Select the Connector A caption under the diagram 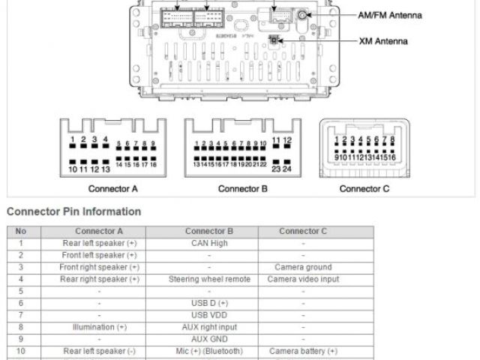[x=113, y=189]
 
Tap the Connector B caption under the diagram [x=243, y=189]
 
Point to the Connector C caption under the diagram [x=364, y=189]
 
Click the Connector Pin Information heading [x=73, y=211]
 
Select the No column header [x=21, y=231]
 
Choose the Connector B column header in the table [x=209, y=231]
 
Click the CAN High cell [x=209, y=243]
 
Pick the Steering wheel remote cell [x=209, y=279]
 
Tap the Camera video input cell [x=303, y=279]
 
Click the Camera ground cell [x=303, y=267]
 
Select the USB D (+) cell [x=209, y=303]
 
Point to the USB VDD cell [x=209, y=315]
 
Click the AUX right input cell [x=209, y=327]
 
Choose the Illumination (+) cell [x=100, y=327]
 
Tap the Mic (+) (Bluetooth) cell [x=209, y=351]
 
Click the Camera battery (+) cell [x=303, y=351]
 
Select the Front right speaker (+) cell [x=100, y=267]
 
